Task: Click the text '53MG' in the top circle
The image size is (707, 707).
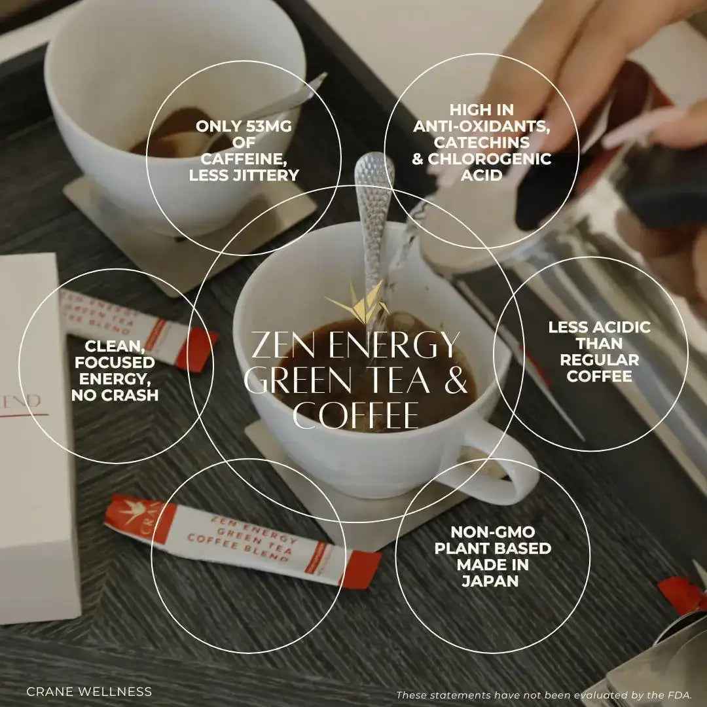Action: tap(269, 126)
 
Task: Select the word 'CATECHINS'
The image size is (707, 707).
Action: tap(482, 143)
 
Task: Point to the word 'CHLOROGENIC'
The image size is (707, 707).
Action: tap(489, 158)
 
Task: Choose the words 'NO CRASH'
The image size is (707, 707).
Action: tap(115, 395)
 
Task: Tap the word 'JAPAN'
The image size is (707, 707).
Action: tap(490, 581)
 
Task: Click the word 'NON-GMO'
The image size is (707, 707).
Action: tap(493, 532)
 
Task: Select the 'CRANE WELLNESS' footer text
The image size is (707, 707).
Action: tap(89, 691)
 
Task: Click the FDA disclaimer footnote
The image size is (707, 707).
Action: tap(544, 695)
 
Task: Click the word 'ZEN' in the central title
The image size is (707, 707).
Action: tap(285, 346)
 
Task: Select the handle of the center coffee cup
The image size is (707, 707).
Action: tap(505, 469)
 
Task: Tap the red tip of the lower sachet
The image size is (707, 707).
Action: tap(360, 569)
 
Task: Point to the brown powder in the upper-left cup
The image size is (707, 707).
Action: tap(181, 136)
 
